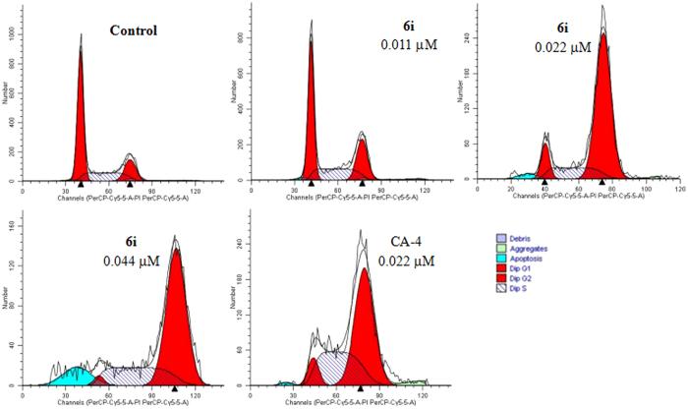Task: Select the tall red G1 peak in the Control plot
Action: pos(81,118)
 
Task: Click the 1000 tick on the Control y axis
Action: pos(13,31)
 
